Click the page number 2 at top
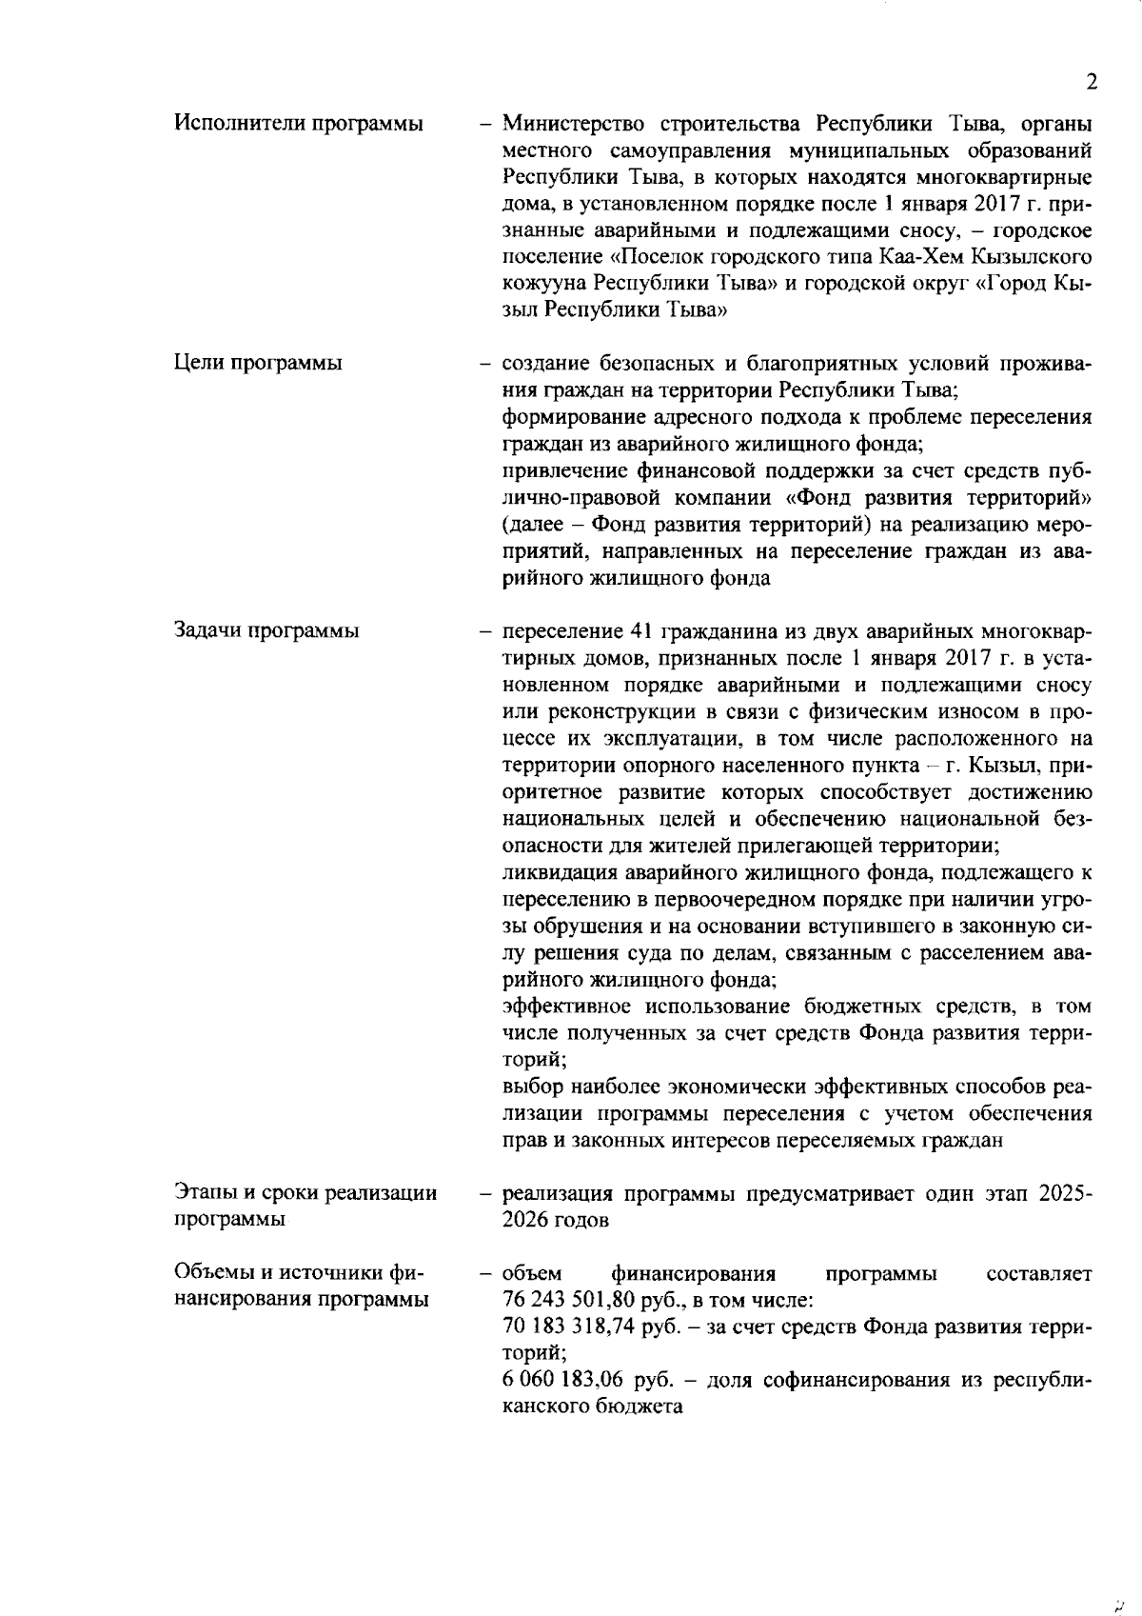pyautogui.click(x=1092, y=82)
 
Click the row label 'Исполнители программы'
pyautogui.click(x=299, y=124)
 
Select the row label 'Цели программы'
pyautogui.click(x=259, y=363)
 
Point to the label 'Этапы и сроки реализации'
pyautogui.click(x=306, y=1193)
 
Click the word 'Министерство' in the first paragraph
pyautogui.click(x=562, y=124)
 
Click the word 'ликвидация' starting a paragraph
pyautogui.click(x=553, y=872)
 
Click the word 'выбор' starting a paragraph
pyautogui.click(x=528, y=1087)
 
